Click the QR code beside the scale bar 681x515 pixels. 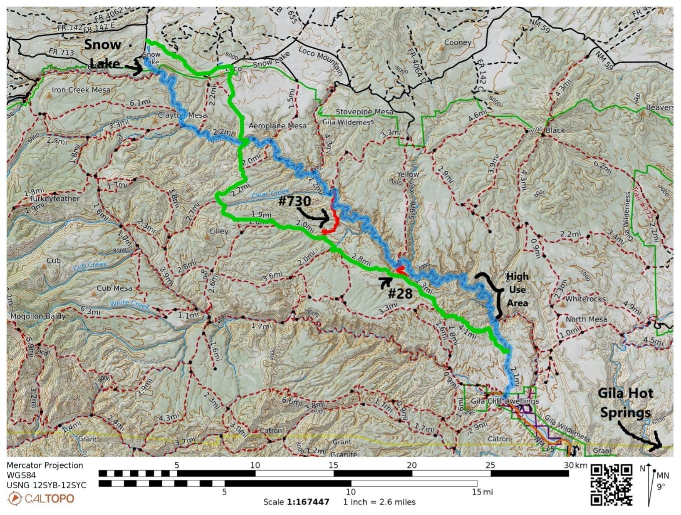612,484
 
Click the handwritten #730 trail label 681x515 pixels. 295,202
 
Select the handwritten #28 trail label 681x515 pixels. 400,294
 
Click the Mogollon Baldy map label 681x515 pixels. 38,316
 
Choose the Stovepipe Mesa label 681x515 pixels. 364,112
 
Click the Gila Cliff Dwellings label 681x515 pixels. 505,401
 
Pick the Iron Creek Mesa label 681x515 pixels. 81,90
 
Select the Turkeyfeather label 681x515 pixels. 54,199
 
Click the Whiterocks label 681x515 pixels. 585,299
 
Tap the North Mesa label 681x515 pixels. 586,319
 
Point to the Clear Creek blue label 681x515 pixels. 270,194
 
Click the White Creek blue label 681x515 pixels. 129,304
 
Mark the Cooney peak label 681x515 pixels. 458,42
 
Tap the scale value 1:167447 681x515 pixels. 308,502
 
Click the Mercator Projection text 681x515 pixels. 45,465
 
